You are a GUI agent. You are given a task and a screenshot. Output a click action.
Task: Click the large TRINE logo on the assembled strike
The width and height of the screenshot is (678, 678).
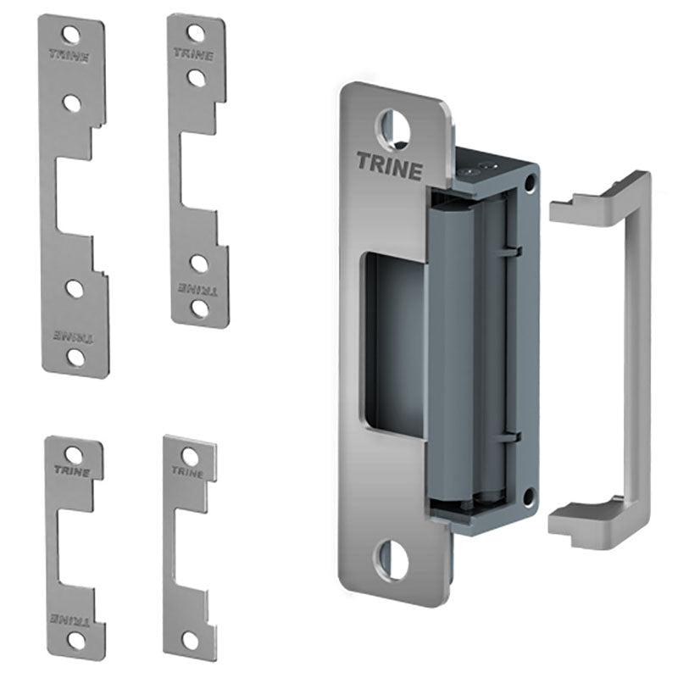click(390, 165)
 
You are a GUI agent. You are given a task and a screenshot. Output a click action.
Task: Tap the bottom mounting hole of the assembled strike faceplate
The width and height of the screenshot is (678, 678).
click(391, 560)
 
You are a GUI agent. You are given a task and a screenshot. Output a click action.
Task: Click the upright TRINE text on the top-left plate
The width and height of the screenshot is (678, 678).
click(69, 56)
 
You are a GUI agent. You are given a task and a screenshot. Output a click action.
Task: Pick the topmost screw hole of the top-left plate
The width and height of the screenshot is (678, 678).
click(71, 35)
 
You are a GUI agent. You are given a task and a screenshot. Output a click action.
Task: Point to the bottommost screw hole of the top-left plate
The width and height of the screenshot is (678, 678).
click(76, 357)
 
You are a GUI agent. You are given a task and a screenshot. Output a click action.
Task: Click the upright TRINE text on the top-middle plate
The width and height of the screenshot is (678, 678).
click(193, 54)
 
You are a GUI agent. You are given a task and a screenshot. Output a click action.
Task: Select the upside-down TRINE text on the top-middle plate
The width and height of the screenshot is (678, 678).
click(198, 289)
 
